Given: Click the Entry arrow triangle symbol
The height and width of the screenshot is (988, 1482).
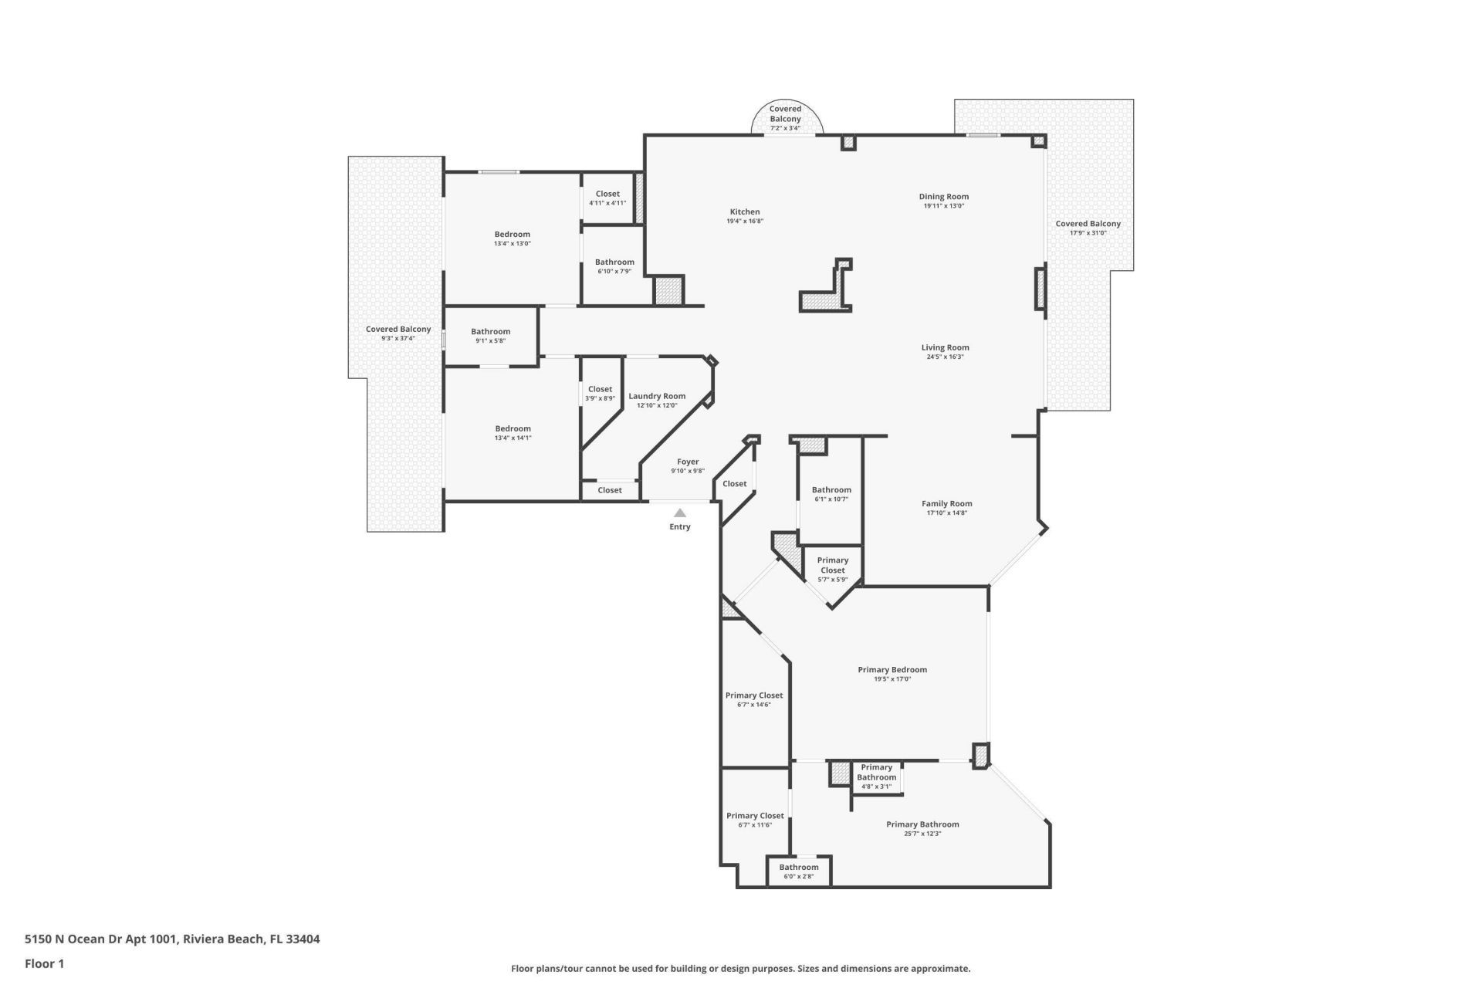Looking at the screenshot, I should (x=679, y=513).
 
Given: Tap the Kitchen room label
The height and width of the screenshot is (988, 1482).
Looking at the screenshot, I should (x=745, y=211).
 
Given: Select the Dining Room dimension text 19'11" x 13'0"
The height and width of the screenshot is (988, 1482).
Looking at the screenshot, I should (x=943, y=206).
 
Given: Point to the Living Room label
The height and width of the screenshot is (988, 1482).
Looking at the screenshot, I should (x=945, y=347).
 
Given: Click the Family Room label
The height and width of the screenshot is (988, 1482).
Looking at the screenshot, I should (x=946, y=503).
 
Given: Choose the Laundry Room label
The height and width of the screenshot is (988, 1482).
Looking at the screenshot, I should (x=657, y=396).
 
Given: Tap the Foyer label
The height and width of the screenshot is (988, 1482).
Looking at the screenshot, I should (x=688, y=462).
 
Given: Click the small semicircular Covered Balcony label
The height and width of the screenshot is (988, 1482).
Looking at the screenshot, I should (x=785, y=114).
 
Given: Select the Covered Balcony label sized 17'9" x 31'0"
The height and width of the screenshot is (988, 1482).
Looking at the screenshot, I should (x=1088, y=224).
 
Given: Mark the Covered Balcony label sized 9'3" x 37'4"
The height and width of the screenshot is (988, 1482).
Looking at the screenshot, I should (x=398, y=329).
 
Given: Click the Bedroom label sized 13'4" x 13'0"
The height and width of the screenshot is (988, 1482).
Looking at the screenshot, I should (x=513, y=234).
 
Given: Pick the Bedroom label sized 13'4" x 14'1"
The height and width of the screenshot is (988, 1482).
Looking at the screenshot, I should (x=513, y=428).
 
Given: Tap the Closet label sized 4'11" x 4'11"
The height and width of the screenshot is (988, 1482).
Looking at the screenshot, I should (x=607, y=194).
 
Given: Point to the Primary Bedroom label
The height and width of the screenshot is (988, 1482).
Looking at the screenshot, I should (x=892, y=669).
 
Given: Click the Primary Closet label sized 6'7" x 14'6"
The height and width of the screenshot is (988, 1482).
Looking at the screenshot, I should (x=754, y=695).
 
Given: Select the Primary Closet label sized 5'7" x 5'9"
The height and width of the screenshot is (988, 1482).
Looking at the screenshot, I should (x=833, y=565).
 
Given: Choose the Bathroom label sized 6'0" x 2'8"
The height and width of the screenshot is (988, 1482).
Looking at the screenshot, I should (x=799, y=867).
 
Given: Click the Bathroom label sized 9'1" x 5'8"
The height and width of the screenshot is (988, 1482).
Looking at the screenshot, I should (x=491, y=331).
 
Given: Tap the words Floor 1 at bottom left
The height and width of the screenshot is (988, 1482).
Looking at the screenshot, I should (x=45, y=963).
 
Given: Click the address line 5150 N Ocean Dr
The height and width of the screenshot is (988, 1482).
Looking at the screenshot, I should (x=172, y=939).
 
